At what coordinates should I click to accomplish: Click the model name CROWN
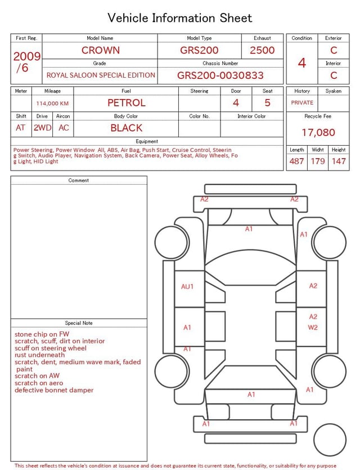pyautogui.click(x=101, y=50)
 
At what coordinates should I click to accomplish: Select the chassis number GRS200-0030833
pyautogui.click(x=220, y=75)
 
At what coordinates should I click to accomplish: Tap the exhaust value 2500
pyautogui.click(x=262, y=50)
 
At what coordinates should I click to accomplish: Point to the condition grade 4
pyautogui.click(x=302, y=63)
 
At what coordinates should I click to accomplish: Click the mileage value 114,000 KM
pyautogui.click(x=52, y=104)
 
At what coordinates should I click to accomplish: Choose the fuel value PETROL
pyautogui.click(x=127, y=103)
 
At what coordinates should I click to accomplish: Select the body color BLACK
pyautogui.click(x=127, y=128)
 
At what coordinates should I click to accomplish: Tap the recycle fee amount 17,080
pyautogui.click(x=318, y=132)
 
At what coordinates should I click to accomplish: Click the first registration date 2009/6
pyautogui.click(x=26, y=62)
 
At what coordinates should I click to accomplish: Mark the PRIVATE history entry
pyautogui.click(x=302, y=102)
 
